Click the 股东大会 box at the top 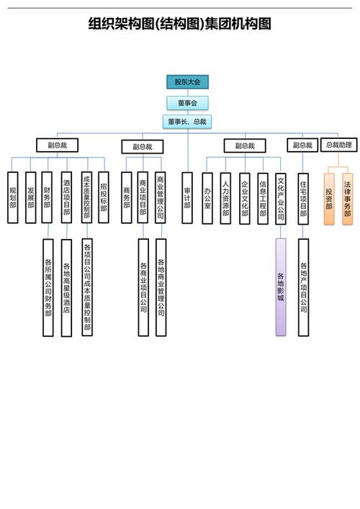(x=187, y=82)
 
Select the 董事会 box (x=187, y=102)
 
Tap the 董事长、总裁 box (x=187, y=122)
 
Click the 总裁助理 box (x=338, y=145)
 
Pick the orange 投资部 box (x=329, y=199)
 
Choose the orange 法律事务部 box (x=348, y=199)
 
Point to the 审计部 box (x=187, y=197)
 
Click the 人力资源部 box (x=226, y=197)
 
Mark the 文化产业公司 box (x=281, y=199)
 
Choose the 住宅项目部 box (x=304, y=199)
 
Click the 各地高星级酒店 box (x=66, y=287)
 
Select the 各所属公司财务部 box (x=48, y=287)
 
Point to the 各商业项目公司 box (x=143, y=287)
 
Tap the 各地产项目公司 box (x=304, y=287)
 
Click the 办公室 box (x=207, y=197)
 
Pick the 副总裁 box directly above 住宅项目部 (x=302, y=145)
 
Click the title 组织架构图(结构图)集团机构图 (x=180, y=25)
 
